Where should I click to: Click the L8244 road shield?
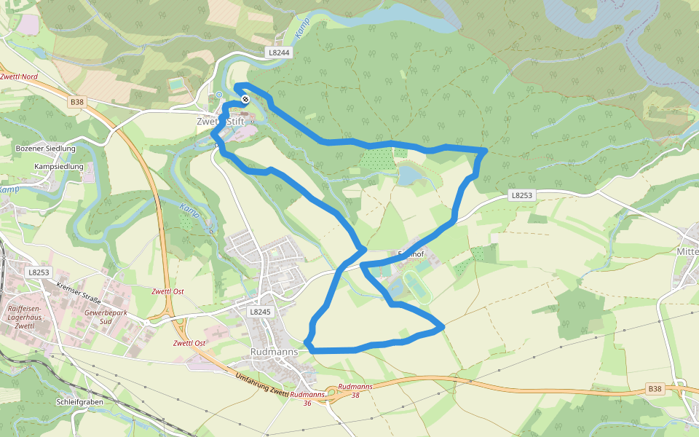pyautogui.click(x=278, y=52)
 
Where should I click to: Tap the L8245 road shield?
pyautogui.click(x=260, y=312)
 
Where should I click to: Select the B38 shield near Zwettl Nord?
pyautogui.click(x=77, y=103)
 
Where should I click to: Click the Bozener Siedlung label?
pyautogui.click(x=45, y=149)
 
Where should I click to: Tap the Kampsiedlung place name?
pyautogui.click(x=58, y=167)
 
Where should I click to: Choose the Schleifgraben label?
pyautogui.click(x=79, y=402)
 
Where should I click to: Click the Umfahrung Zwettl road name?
pyautogui.click(x=263, y=384)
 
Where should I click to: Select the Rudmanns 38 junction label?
pyautogui.click(x=355, y=390)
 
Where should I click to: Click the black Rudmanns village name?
pyautogui.click(x=274, y=351)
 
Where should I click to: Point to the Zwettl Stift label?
pyautogui.click(x=221, y=122)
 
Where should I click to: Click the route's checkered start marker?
pyautogui.click(x=245, y=99)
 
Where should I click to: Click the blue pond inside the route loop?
pyautogui.click(x=409, y=175)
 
